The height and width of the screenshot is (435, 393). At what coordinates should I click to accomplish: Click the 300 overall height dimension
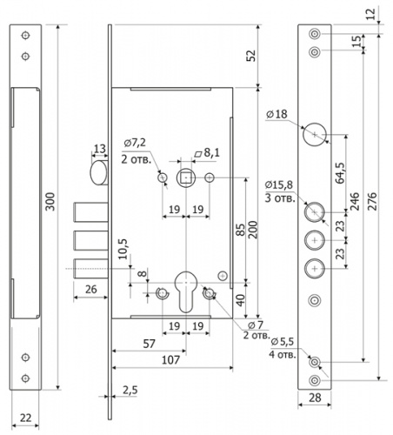(50, 202)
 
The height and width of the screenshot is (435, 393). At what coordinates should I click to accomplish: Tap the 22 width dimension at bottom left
(25, 418)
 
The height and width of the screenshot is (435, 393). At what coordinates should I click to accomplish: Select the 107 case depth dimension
(170, 360)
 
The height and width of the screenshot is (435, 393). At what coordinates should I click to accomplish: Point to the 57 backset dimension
(150, 344)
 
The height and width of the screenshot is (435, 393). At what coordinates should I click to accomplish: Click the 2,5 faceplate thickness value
(130, 391)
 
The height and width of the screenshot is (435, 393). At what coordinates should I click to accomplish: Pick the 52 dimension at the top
(251, 56)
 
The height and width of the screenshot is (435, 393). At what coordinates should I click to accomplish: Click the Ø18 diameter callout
(276, 114)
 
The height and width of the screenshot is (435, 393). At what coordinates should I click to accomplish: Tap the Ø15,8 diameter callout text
(279, 184)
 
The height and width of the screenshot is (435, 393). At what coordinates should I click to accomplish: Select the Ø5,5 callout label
(283, 342)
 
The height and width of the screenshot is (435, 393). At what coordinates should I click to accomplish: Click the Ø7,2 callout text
(135, 143)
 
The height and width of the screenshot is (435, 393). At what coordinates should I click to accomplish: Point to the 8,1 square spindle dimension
(207, 153)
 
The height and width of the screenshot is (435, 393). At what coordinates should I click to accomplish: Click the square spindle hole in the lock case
(186, 177)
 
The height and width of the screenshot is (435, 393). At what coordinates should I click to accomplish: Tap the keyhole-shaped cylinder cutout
(186, 291)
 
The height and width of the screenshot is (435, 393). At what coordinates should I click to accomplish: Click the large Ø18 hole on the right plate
(315, 135)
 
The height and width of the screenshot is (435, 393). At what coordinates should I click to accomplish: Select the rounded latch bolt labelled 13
(99, 173)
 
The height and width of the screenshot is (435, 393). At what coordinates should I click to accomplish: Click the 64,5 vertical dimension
(340, 173)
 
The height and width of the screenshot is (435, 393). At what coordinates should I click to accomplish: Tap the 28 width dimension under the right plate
(315, 398)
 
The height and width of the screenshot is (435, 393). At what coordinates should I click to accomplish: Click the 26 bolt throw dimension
(91, 289)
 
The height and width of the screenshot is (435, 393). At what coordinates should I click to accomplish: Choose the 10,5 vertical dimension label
(123, 249)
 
